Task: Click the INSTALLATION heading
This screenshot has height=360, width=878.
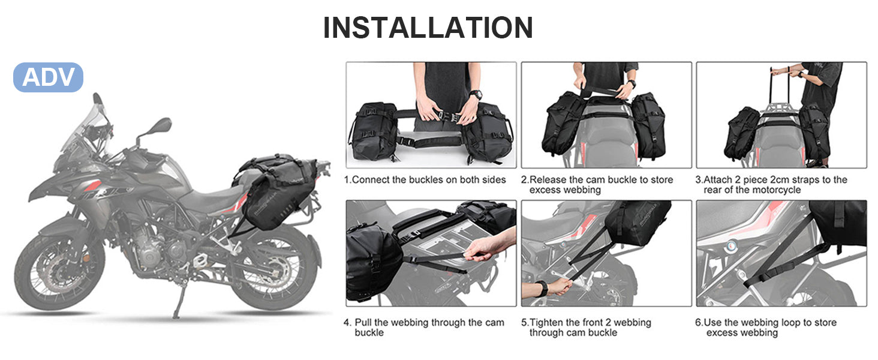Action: point(428,28)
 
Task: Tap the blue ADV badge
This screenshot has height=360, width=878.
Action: point(48,77)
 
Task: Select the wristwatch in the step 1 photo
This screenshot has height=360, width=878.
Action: point(476,95)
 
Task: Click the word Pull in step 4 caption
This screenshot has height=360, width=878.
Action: point(363,322)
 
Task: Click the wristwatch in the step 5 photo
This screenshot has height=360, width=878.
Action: point(542,288)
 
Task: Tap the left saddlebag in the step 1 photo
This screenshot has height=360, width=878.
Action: point(374,131)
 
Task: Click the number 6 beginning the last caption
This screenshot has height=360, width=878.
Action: point(698,322)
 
